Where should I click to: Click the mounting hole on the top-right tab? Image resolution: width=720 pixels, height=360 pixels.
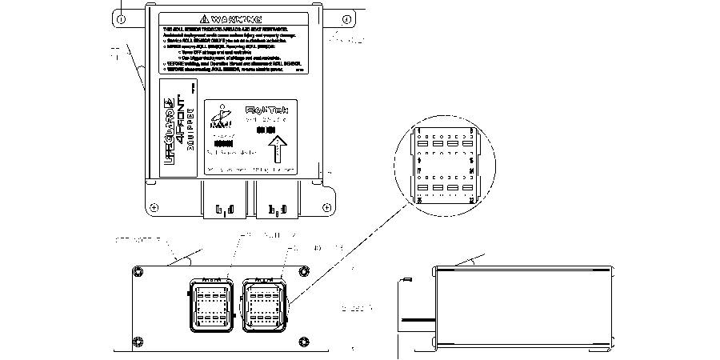346,17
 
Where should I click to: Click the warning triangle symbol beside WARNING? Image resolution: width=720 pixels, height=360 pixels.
205,18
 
